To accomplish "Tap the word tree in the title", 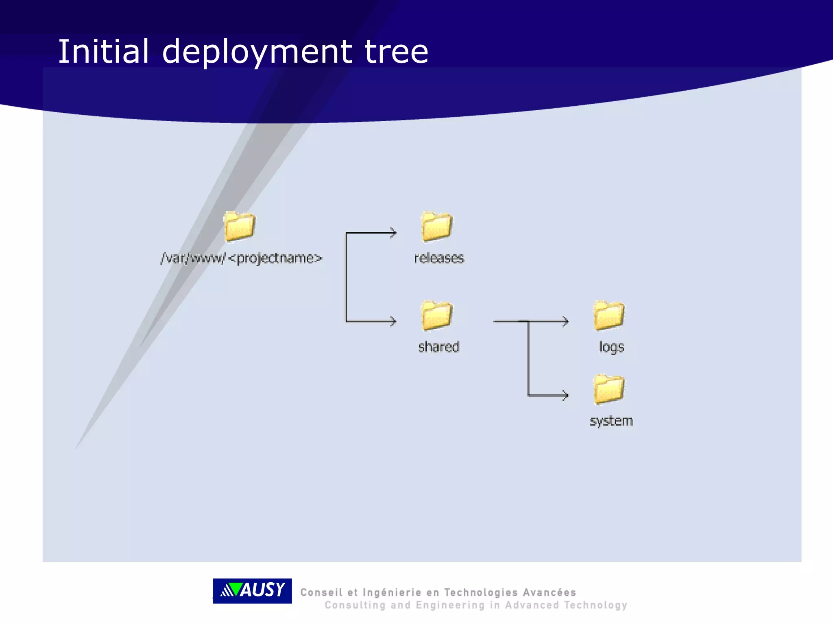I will point(396,52).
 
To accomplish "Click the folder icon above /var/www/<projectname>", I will point(240,226).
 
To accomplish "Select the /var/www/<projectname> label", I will point(241,258).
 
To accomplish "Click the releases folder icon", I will point(436,226).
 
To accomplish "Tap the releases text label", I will point(439,258).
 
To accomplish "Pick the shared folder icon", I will point(436,315).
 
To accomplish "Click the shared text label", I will point(439,347).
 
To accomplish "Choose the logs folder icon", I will point(609,315).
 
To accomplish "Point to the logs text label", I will point(611,347).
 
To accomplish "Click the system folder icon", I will point(608,389).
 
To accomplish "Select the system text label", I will point(611,421).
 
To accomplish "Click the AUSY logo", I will point(252,590).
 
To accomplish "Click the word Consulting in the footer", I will point(355,605).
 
